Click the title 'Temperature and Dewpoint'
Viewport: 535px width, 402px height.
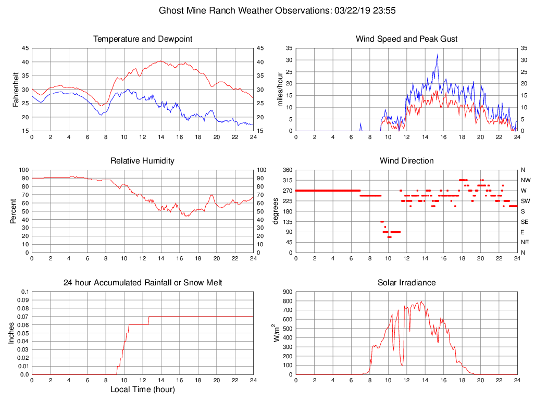pyautogui.click(x=142, y=39)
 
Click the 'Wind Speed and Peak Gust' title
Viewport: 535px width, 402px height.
pyautogui.click(x=406, y=39)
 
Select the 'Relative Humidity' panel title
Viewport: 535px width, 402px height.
pyautogui.click(x=142, y=161)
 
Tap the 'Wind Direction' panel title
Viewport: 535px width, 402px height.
pyautogui.click(x=406, y=161)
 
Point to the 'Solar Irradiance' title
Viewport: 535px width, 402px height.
pyautogui.click(x=406, y=283)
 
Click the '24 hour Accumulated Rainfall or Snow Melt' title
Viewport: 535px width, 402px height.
pyautogui.click(x=142, y=283)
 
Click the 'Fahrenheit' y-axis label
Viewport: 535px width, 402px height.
pyautogui.click(x=16, y=90)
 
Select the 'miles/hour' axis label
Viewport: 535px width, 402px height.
pyautogui.click(x=280, y=90)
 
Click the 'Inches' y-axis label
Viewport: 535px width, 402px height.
pyautogui.click(x=12, y=333)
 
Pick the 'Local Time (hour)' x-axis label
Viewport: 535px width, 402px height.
pyautogui.click(x=142, y=389)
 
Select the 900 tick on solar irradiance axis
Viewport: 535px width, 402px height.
pyautogui.click(x=287, y=292)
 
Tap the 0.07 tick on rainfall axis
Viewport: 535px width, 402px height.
pyautogui.click(x=23, y=317)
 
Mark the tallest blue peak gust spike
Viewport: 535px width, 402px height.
pyautogui.click(x=437, y=55)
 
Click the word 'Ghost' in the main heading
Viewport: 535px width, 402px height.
pyautogui.click(x=172, y=10)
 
